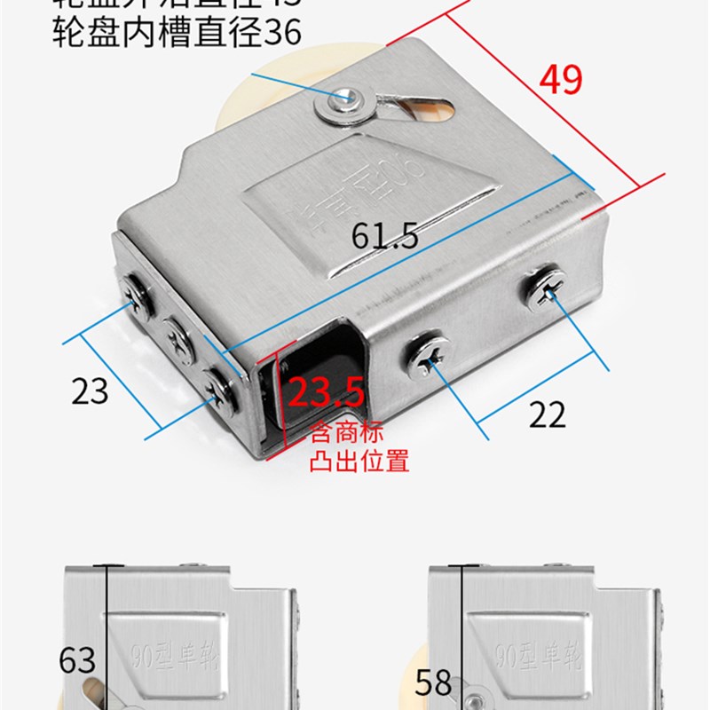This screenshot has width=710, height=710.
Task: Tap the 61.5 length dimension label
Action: [x=384, y=237]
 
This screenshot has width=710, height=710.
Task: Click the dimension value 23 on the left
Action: [x=90, y=390]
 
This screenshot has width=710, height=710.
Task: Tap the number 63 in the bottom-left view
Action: [x=77, y=660]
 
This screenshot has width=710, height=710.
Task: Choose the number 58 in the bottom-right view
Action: [x=434, y=682]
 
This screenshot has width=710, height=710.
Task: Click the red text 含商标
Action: [x=346, y=436]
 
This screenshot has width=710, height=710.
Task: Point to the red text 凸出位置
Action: [x=358, y=461]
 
